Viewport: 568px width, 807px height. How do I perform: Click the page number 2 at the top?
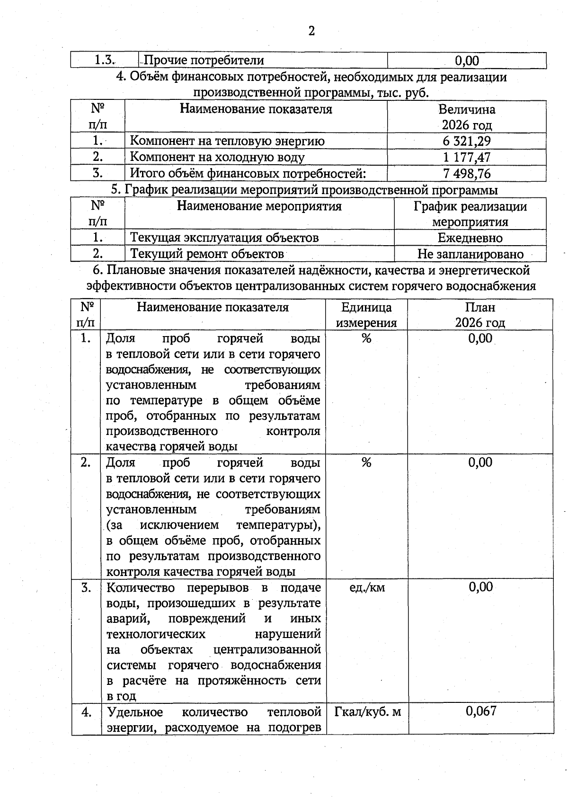coord(311,31)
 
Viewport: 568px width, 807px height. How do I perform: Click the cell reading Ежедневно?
coord(470,238)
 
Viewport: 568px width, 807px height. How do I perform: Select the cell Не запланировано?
coord(470,254)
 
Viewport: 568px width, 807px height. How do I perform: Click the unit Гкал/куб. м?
coord(367,711)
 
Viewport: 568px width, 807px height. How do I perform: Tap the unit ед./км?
coord(367,587)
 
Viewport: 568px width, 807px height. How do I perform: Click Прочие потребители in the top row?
coord(204,61)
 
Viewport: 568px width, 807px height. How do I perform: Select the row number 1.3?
coord(105,60)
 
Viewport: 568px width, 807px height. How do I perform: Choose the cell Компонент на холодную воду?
coord(217,157)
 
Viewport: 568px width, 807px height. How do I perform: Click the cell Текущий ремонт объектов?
coord(207,254)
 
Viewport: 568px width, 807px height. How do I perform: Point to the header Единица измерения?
coord(366,315)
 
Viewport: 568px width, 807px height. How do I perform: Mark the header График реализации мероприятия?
coord(470,214)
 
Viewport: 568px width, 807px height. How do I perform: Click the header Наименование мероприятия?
coord(259,206)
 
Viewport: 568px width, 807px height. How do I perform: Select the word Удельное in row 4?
coord(135,712)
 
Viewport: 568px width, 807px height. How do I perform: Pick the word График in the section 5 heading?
coord(147,190)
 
